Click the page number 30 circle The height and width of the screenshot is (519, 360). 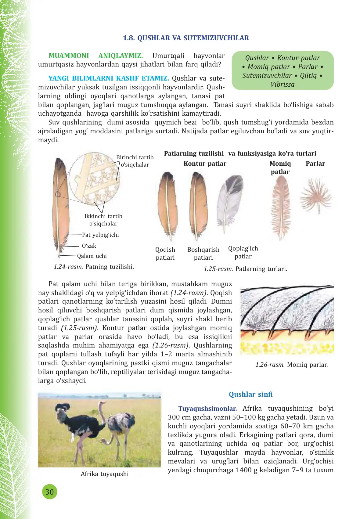[49, 492]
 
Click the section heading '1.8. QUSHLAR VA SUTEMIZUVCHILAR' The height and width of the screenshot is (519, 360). [186, 38]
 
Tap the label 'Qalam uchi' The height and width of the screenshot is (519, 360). [92, 256]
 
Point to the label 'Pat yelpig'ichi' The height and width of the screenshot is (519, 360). [100, 235]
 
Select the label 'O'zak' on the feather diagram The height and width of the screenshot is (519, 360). [89, 246]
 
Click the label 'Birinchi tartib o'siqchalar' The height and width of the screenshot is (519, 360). [135, 161]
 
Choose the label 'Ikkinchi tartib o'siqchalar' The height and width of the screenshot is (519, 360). [103, 220]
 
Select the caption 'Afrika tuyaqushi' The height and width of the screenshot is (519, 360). [105, 474]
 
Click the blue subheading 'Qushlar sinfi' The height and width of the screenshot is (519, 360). [250, 394]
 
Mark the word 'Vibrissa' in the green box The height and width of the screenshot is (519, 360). [283, 85]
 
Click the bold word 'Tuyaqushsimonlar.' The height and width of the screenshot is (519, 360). [207, 409]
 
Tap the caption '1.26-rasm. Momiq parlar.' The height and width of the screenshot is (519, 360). [291, 365]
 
